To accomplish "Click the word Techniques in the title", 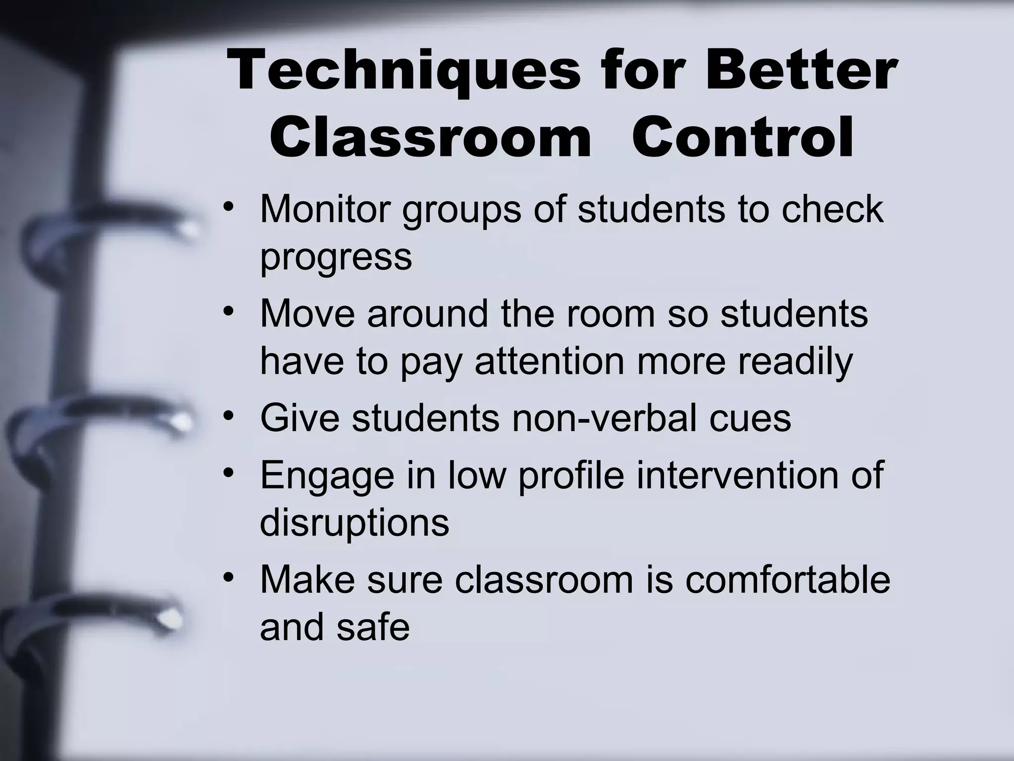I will coord(403,72).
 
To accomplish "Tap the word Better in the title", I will coord(801,72).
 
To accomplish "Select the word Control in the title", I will coord(743,137).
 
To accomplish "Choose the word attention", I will coord(550,361).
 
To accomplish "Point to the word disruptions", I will coord(354,523).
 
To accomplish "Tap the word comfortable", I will coord(788,579).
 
